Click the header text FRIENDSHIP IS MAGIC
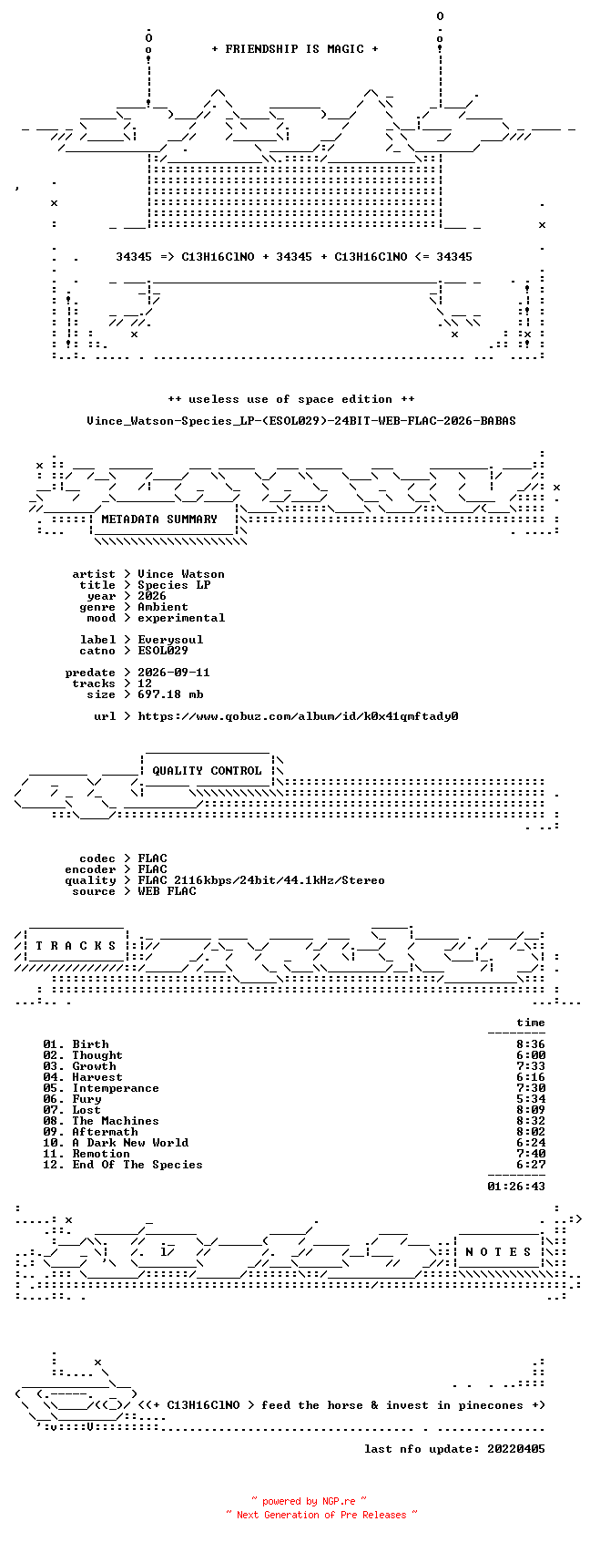[294, 49]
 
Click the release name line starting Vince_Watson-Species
[301, 421]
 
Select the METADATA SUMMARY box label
[158, 519]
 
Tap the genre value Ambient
[163, 607]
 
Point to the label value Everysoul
[170, 640]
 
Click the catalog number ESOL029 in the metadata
[163, 651]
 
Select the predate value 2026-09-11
[174, 673]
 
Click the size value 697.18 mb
[170, 694]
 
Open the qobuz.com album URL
[298, 716]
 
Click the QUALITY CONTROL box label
[207, 771]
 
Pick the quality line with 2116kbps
[261, 880]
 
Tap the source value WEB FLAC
[168, 891]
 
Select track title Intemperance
[116, 1088]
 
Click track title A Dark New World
[130, 1143]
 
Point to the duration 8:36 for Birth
[531, 1044]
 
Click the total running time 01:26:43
[516, 1187]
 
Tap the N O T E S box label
[498, 1252]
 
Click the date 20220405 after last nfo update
[516, 1449]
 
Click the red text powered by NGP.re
[309, 1501]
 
